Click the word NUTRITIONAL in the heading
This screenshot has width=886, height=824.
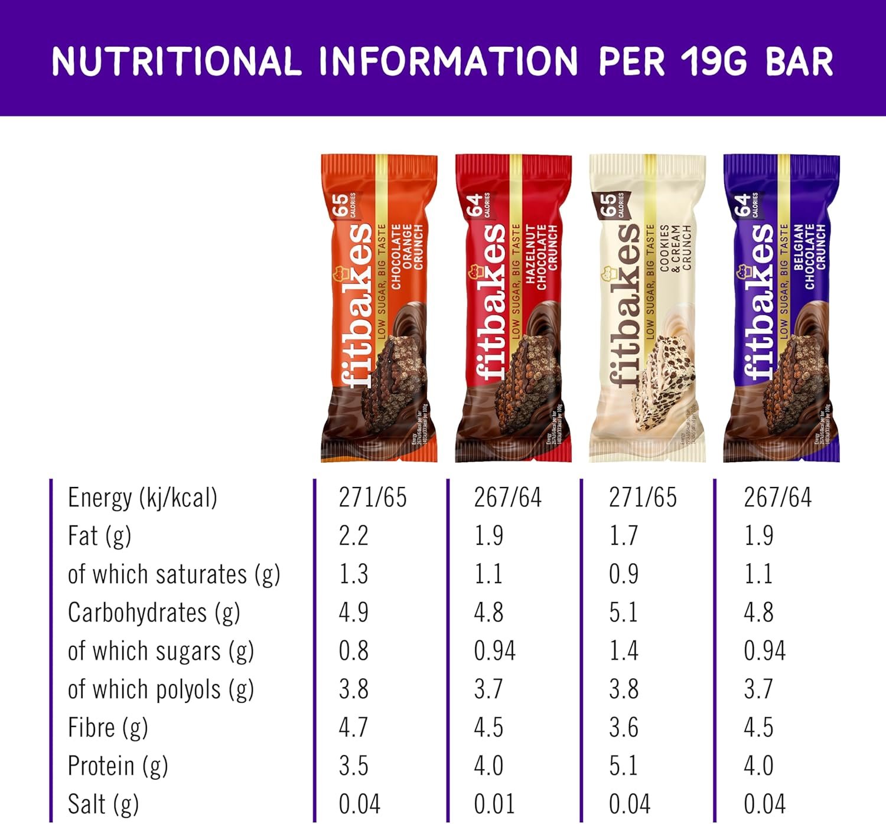pyautogui.click(x=176, y=61)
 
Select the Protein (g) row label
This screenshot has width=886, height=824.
pyautogui.click(x=118, y=766)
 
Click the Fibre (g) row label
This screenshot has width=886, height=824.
pyautogui.click(x=108, y=728)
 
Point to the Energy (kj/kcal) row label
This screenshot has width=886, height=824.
pyautogui.click(x=142, y=498)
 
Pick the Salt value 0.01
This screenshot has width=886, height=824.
pyautogui.click(x=494, y=804)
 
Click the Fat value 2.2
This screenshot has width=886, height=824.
pyautogui.click(x=353, y=536)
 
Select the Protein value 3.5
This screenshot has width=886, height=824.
pyautogui.click(x=353, y=766)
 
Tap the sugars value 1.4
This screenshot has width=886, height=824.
pyautogui.click(x=624, y=651)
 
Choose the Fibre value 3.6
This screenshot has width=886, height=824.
pyautogui.click(x=624, y=728)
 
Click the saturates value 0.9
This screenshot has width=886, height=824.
pyautogui.click(x=624, y=574)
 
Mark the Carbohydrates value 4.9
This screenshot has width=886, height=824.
pyautogui.click(x=353, y=613)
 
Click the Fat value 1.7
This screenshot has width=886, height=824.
pyautogui.click(x=624, y=536)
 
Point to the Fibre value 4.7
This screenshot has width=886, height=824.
pyautogui.click(x=353, y=728)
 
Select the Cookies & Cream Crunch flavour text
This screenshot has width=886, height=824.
pyautogui.click(x=675, y=248)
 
